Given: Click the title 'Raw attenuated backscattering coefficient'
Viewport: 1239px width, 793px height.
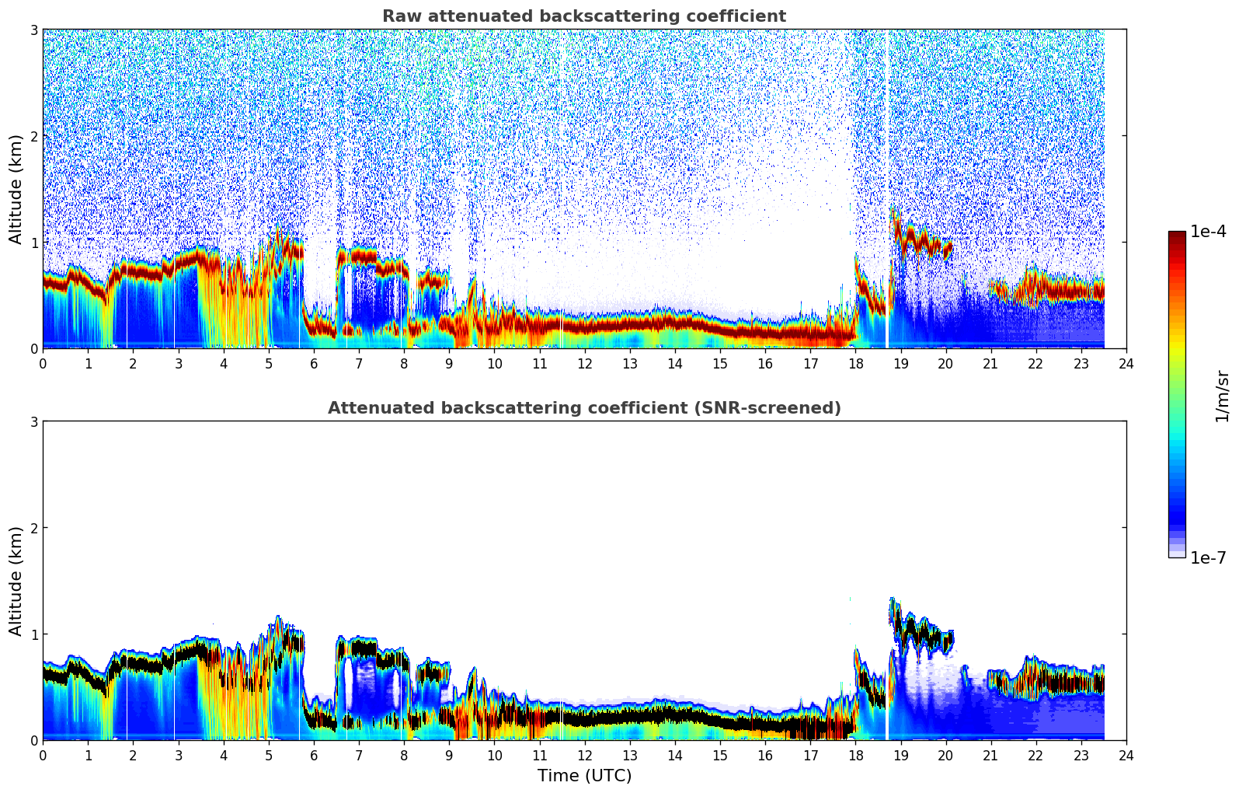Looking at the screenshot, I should [583, 16].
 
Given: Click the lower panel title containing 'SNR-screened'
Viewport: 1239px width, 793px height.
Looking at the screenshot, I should [583, 408].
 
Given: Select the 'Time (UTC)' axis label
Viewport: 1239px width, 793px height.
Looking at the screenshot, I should [584, 776].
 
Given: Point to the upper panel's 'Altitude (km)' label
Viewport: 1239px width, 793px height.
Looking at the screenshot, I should [16, 189].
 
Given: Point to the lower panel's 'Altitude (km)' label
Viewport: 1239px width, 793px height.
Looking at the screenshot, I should [16, 581].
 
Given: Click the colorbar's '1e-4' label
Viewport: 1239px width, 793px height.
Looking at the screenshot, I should [1208, 232].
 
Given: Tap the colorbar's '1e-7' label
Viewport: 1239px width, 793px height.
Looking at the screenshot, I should [1208, 557].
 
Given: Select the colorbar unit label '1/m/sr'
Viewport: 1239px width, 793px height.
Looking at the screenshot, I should [1222, 396].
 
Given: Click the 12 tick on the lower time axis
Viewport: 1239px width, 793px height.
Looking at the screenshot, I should [584, 755].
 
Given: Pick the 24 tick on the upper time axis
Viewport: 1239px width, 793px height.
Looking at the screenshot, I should [1126, 363].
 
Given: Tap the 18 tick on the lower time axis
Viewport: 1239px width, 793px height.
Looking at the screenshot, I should [855, 755].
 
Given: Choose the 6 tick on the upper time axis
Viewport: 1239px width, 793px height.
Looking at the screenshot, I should [314, 363].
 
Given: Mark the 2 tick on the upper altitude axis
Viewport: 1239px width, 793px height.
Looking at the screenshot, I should [33, 136].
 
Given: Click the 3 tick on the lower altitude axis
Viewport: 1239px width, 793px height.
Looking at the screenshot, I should [33, 421].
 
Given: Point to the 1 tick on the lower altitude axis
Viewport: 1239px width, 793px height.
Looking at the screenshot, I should [33, 634].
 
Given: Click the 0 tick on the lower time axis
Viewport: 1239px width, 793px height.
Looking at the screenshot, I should [43, 755].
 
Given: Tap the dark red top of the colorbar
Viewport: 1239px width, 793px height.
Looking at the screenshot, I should [1176, 235].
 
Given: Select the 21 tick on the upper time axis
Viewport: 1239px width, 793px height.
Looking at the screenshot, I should [990, 363].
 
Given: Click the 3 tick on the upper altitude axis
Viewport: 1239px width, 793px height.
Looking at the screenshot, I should [33, 30].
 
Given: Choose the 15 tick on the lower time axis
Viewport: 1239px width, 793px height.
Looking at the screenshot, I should [720, 755].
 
